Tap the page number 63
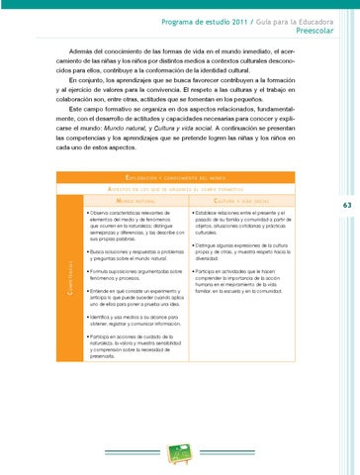pyautogui.click(x=347, y=206)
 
